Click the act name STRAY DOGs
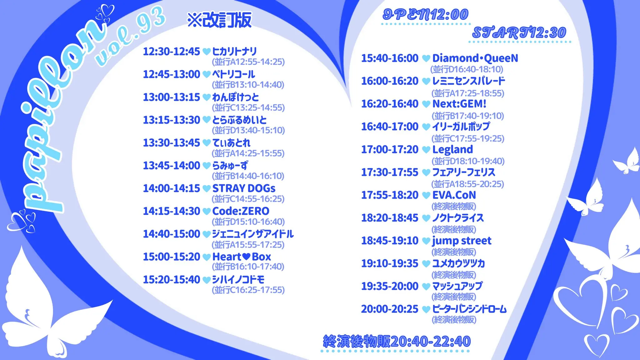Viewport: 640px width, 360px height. (x=244, y=188)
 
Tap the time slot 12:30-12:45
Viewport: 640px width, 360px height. (x=171, y=52)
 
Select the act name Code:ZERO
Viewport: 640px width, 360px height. (x=241, y=211)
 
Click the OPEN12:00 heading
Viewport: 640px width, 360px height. (x=426, y=15)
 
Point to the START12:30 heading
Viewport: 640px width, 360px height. (x=519, y=33)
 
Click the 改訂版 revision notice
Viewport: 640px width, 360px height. (x=220, y=20)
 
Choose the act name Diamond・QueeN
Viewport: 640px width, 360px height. (x=475, y=58)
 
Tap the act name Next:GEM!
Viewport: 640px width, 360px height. (x=459, y=104)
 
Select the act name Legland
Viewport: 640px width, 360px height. (x=452, y=150)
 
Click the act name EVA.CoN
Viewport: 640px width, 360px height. (x=454, y=195)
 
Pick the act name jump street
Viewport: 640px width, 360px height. (x=462, y=241)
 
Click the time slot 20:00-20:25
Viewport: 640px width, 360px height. (x=389, y=309)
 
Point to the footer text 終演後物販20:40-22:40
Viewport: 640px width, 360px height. (x=397, y=341)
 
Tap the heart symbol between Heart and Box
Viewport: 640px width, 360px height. (x=246, y=257)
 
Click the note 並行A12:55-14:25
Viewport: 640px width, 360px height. (x=248, y=62)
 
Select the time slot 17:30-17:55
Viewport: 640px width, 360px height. (x=389, y=172)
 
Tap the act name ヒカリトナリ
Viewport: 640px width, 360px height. (x=234, y=52)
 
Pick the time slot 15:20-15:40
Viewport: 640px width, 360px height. (x=171, y=280)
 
